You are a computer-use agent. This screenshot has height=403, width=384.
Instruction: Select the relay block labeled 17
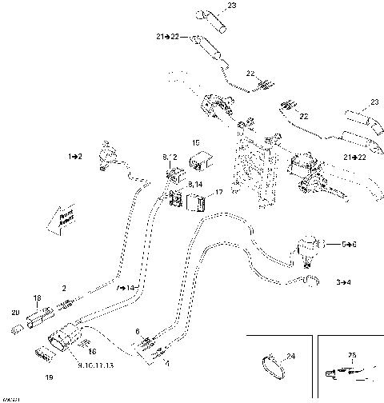[197, 203]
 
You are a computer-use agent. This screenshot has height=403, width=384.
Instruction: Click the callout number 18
[36, 297]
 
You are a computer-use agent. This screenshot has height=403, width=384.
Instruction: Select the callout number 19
[48, 375]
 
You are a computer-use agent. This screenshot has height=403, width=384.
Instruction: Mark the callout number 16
[93, 351]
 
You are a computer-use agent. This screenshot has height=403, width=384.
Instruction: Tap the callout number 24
[290, 356]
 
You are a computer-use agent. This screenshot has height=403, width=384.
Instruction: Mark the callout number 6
[137, 330]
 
